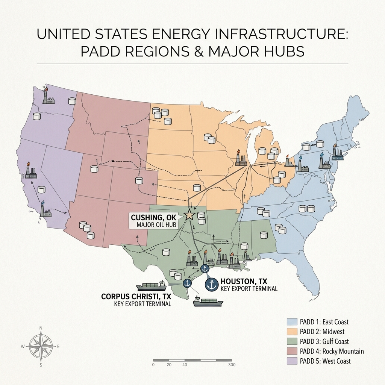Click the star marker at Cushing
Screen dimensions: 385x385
(x=189, y=215)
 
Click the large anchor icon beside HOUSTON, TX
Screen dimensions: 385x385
(x=212, y=284)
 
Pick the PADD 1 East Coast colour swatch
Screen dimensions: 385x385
(x=293, y=322)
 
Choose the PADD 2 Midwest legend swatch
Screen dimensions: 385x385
(x=293, y=332)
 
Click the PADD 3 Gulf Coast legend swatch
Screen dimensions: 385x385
(x=293, y=341)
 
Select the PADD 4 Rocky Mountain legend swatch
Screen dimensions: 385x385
(x=293, y=351)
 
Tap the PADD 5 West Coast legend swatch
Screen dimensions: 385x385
(x=293, y=361)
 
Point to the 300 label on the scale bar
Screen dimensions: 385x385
(x=232, y=365)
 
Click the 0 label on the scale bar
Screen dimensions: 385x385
(x=153, y=365)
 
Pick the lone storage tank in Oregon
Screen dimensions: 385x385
(x=37, y=117)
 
